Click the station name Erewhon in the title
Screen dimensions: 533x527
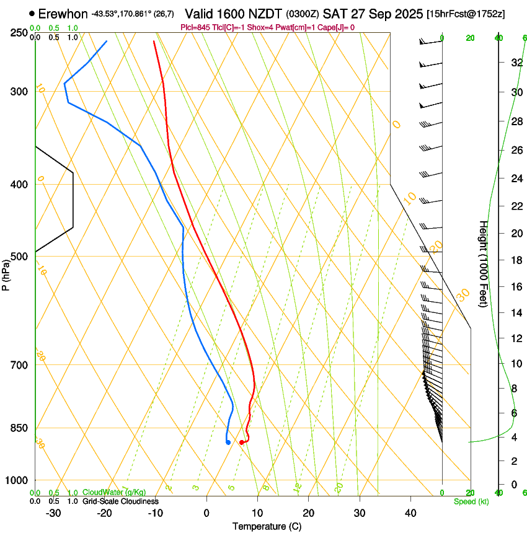pyautogui.click(x=63, y=14)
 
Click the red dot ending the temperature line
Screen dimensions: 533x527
pyautogui.click(x=241, y=442)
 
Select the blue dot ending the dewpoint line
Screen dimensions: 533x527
pyautogui.click(x=228, y=442)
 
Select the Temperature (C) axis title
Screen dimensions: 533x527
pyautogui.click(x=267, y=527)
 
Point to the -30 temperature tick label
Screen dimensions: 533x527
pyautogui.click(x=53, y=513)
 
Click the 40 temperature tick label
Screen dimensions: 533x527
pyautogui.click(x=410, y=513)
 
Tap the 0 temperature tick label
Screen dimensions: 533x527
pyautogui.click(x=206, y=513)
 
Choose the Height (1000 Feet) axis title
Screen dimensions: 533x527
pyautogui.click(x=484, y=263)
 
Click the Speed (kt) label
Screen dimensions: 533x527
pyautogui.click(x=471, y=501)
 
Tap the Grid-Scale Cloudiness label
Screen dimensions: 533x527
pyautogui.click(x=120, y=501)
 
